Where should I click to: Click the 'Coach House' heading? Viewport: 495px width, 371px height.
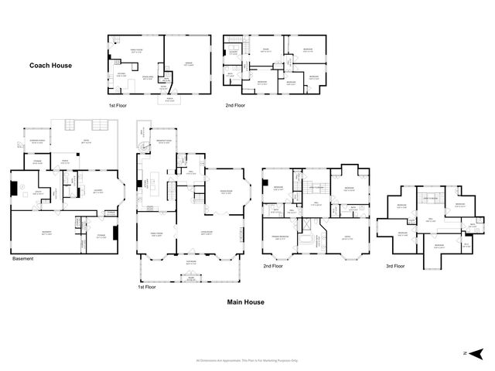52,66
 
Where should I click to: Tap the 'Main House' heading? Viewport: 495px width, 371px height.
245,302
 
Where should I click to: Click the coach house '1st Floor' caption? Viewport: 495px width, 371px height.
118,104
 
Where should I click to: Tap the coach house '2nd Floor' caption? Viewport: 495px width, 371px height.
234,104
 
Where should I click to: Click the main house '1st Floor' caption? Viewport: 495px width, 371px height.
148,287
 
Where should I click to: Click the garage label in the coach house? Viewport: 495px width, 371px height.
188,64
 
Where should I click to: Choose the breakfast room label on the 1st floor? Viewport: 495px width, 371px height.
163,141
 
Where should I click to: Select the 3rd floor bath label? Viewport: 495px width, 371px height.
473,226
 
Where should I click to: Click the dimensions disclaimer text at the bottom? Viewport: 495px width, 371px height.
247,360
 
